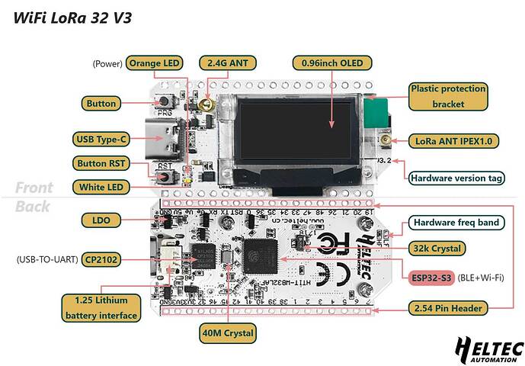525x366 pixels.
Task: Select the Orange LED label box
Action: tap(155, 63)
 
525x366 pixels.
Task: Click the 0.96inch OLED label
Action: tap(332, 63)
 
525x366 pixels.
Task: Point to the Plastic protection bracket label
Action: tap(448, 96)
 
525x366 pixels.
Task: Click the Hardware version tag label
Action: tap(456, 178)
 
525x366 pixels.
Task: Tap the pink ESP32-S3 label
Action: tap(432, 278)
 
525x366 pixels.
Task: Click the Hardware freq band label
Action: tap(456, 223)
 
